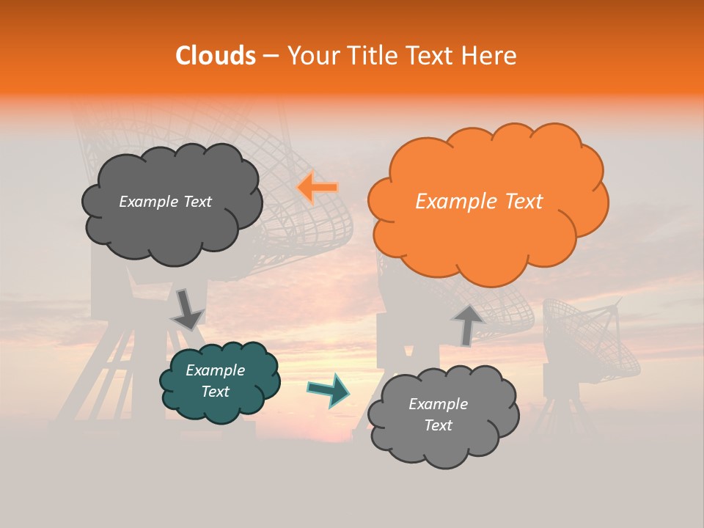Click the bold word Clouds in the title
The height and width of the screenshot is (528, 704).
[215, 56]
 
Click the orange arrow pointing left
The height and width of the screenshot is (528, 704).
[318, 188]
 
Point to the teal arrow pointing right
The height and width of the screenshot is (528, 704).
[329, 391]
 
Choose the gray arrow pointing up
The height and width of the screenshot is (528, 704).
[467, 325]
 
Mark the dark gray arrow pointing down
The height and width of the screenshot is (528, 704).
[187, 309]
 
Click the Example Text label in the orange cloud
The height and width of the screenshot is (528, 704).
[479, 201]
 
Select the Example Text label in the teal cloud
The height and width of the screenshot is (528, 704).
[216, 381]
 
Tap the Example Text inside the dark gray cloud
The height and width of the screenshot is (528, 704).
[165, 201]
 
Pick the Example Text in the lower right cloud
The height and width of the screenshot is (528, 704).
[438, 414]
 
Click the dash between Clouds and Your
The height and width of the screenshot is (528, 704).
[271, 56]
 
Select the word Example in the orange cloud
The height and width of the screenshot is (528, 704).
[450, 201]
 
